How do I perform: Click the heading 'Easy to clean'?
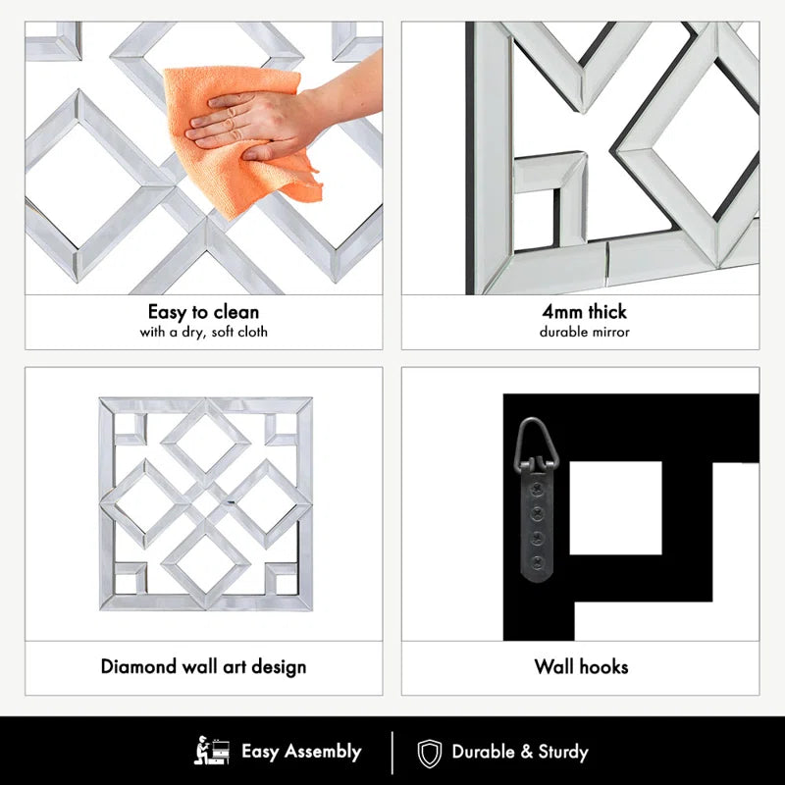pos(204,312)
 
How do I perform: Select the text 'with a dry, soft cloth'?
pos(204,332)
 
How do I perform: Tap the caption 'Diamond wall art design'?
pos(204,667)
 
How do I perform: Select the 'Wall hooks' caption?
pos(581,667)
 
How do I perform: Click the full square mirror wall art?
pos(205,504)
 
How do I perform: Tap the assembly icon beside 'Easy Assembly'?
pos(212,753)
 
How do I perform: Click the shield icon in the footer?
pos(430,754)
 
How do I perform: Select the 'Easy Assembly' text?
pos(301,753)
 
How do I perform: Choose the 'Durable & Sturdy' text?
pos(520,753)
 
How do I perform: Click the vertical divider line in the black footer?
pos(392,753)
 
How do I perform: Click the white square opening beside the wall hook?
pos(615,507)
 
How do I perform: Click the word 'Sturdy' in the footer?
pos(562,753)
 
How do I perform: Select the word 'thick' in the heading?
pos(606,312)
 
